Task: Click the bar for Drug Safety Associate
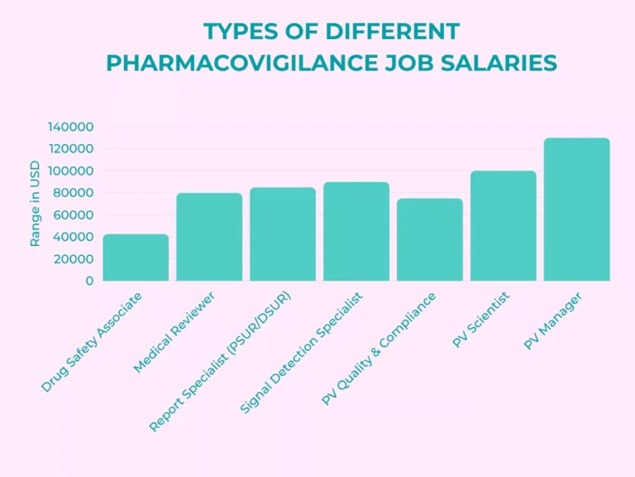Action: pyautogui.click(x=136, y=258)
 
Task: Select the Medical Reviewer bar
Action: pyautogui.click(x=209, y=237)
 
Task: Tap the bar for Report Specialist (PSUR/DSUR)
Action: pyautogui.click(x=283, y=234)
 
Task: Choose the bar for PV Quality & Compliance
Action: pyautogui.click(x=430, y=239)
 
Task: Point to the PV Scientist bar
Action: pyautogui.click(x=504, y=226)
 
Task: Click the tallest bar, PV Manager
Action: pyautogui.click(x=577, y=210)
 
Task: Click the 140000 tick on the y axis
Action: pyautogui.click(x=70, y=127)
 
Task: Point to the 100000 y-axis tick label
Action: pyautogui.click(x=70, y=171)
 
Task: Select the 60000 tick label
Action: pyautogui.click(x=74, y=214)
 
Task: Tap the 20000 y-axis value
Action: pyautogui.click(x=74, y=258)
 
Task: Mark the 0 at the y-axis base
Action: pyautogui.click(x=89, y=281)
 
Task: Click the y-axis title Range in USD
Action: pyautogui.click(x=35, y=204)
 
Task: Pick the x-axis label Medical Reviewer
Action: pyautogui.click(x=175, y=331)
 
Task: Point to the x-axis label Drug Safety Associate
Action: pyautogui.click(x=92, y=341)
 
